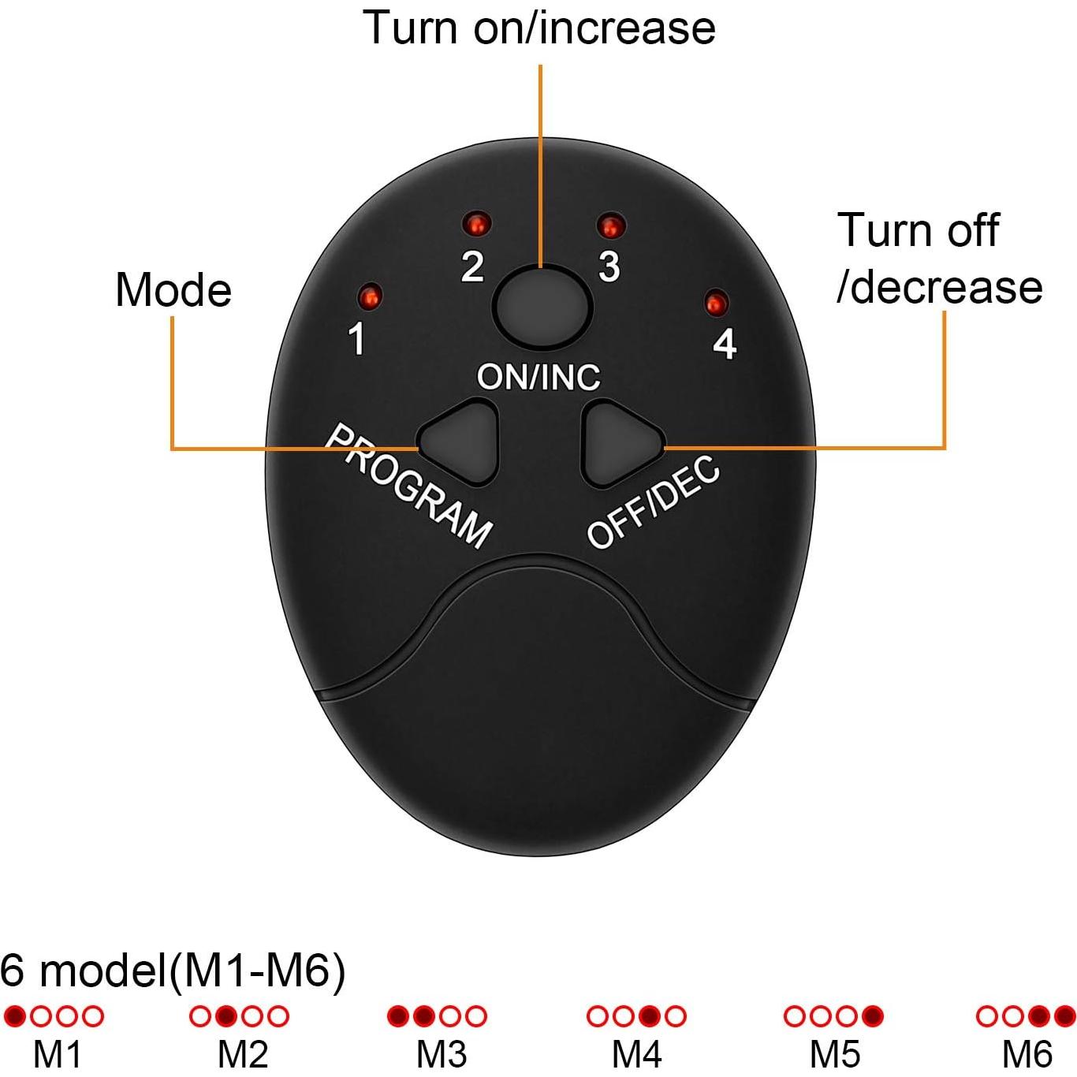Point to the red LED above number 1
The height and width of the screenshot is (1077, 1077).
click(370, 296)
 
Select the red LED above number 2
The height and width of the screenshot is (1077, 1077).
click(476, 224)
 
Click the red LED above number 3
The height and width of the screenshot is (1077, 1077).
click(610, 225)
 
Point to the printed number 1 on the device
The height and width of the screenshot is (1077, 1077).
click(356, 338)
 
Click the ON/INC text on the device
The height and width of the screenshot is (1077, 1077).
click(538, 377)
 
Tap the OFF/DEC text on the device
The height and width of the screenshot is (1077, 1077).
click(653, 501)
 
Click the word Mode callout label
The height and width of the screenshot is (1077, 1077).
click(173, 290)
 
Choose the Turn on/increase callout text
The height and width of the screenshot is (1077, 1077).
click(538, 27)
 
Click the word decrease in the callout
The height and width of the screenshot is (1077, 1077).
click(945, 288)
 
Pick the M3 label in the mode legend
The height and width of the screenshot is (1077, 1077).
click(441, 1055)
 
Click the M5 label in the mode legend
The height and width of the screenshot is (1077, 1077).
click(835, 1055)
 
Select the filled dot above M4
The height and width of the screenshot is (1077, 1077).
click(649, 1016)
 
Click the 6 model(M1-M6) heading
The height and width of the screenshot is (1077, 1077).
click(173, 971)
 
